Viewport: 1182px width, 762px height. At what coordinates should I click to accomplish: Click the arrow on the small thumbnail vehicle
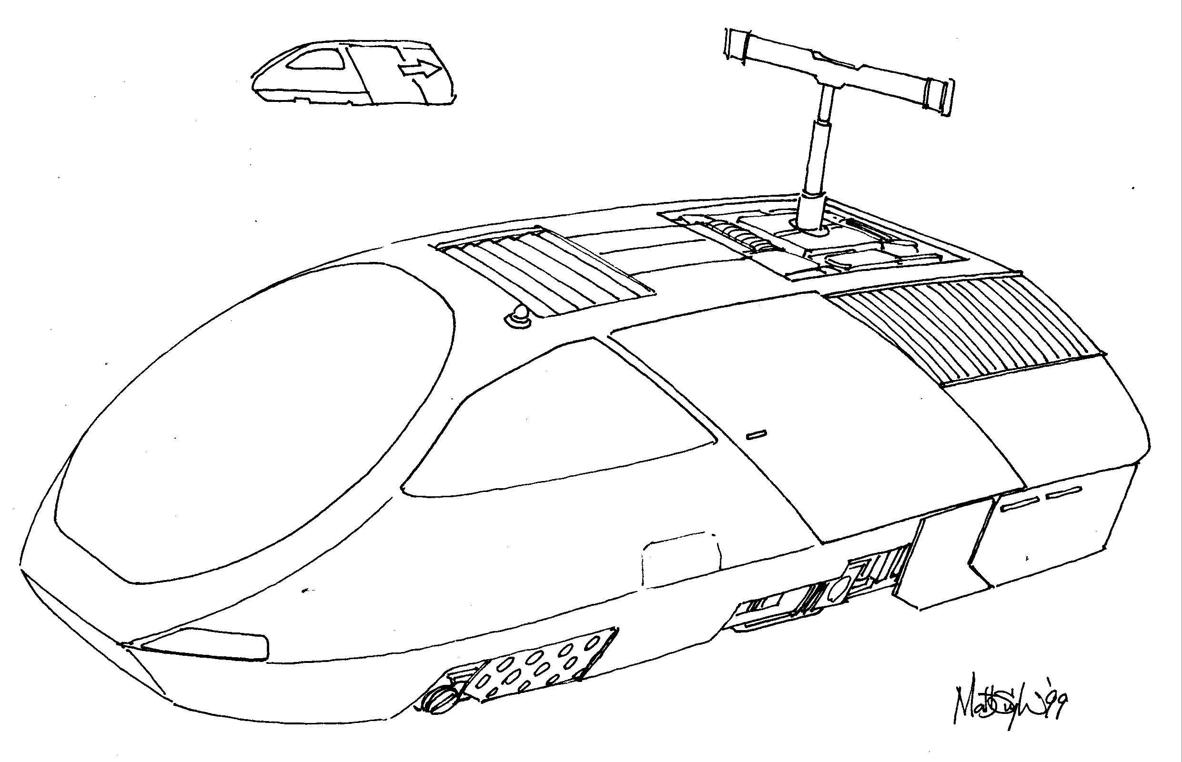(420, 70)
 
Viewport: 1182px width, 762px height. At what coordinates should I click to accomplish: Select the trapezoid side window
(555, 426)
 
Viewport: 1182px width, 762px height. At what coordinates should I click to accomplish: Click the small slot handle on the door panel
(757, 434)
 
